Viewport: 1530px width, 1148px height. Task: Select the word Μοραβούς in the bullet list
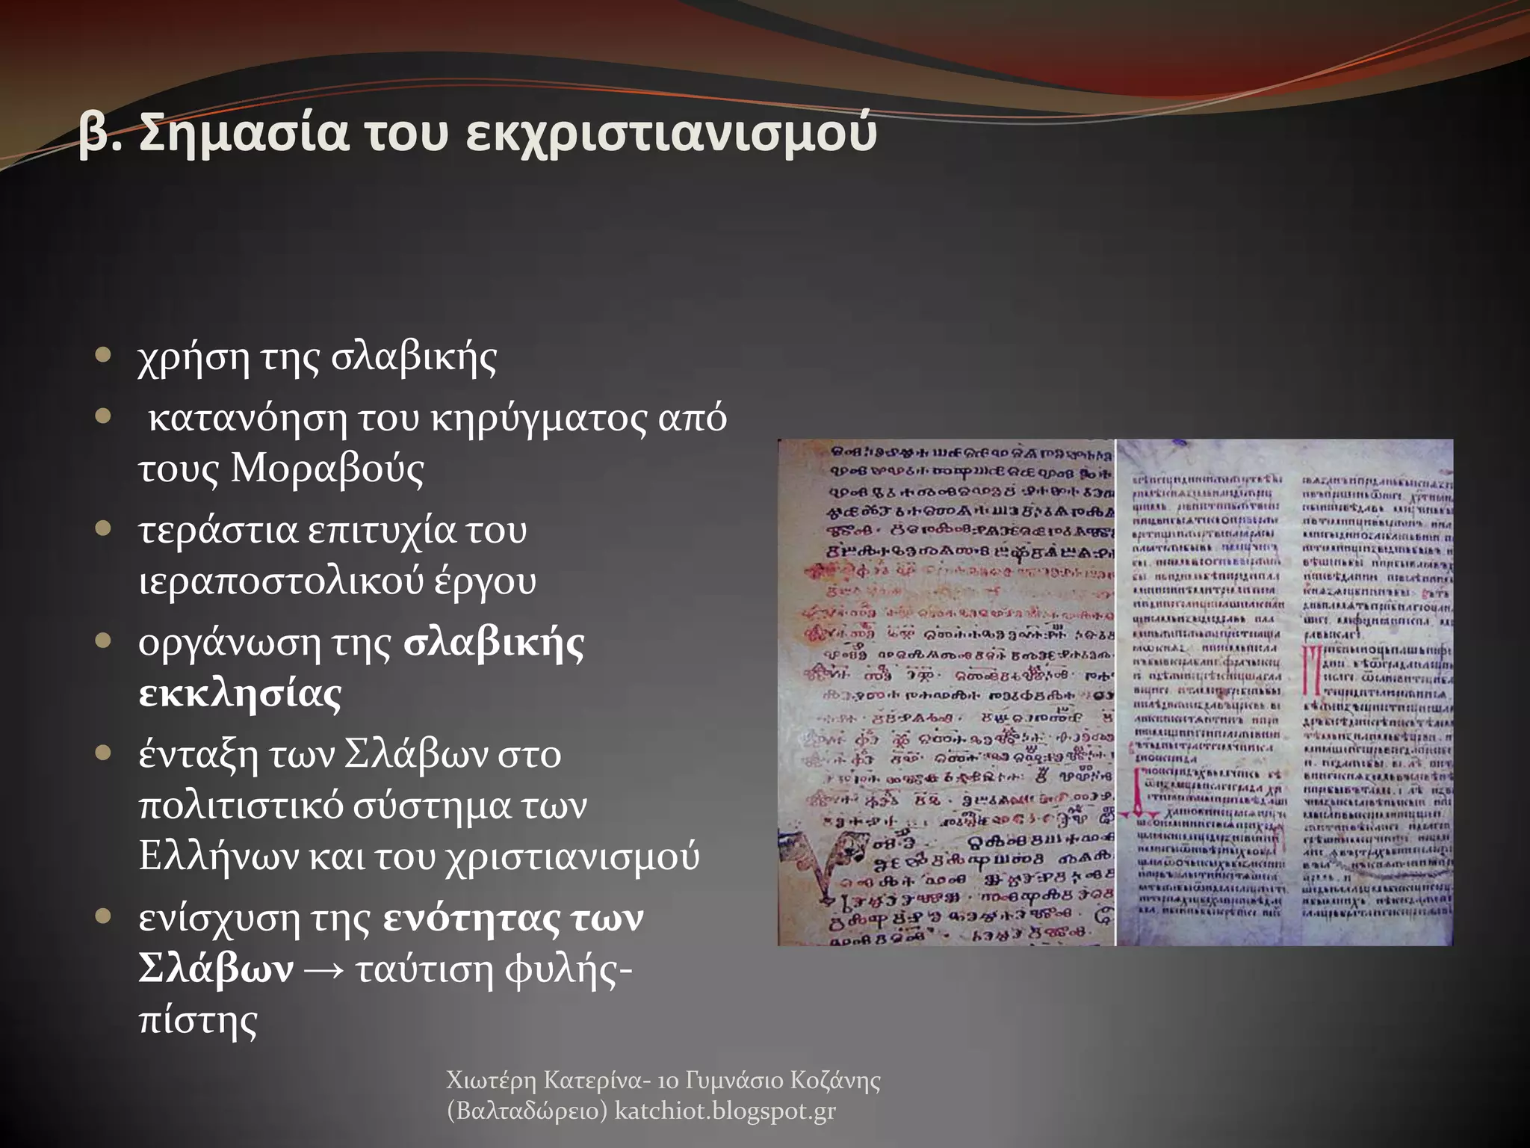(327, 469)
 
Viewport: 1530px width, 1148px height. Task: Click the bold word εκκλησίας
(240, 694)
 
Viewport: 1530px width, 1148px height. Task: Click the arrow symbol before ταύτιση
(323, 970)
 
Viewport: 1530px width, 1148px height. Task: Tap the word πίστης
(198, 1021)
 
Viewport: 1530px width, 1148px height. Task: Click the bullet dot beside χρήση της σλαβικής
(104, 354)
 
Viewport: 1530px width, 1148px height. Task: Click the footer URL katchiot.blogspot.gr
(725, 1111)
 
